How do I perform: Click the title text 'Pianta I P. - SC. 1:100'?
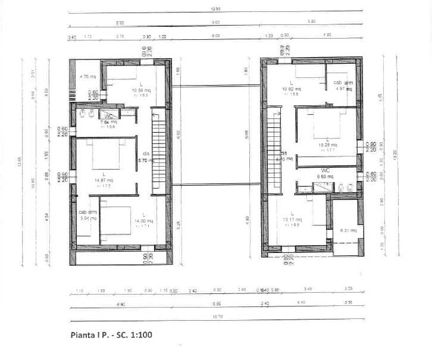111,334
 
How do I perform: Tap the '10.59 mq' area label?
142,90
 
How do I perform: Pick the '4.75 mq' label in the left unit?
88,77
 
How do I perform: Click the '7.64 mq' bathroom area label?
108,121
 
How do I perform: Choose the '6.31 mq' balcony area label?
347,230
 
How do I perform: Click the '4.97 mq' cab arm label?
345,89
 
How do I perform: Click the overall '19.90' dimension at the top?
215,9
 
